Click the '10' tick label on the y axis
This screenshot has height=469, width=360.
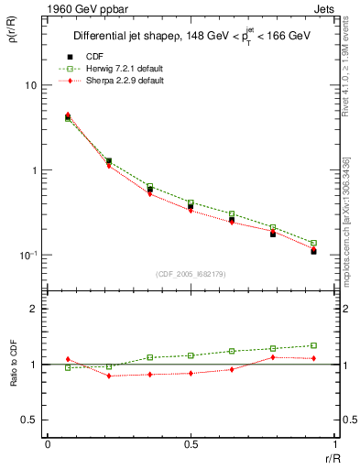[x=31, y=85]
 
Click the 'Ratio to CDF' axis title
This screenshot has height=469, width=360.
[x=16, y=364]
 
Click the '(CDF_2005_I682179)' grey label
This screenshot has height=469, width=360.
[x=191, y=274]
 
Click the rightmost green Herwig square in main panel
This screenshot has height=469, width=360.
[x=313, y=243]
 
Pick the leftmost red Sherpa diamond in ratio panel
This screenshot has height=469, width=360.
[x=68, y=359]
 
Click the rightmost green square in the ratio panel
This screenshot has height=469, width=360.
[x=313, y=345]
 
